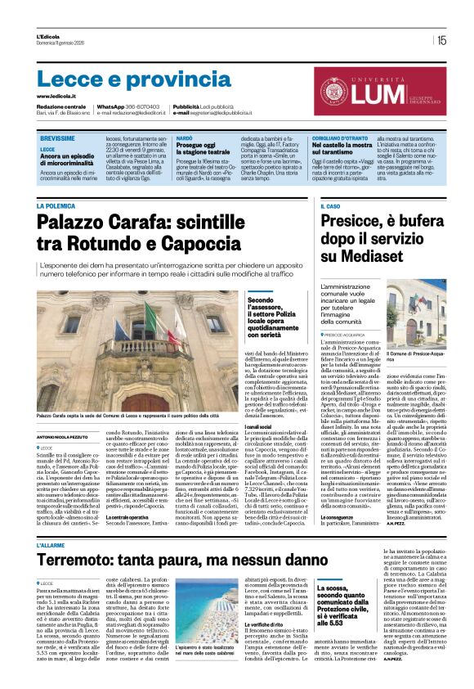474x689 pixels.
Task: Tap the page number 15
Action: [441, 40]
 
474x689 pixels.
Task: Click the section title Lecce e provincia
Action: [123, 79]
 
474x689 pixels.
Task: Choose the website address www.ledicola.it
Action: [59, 96]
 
